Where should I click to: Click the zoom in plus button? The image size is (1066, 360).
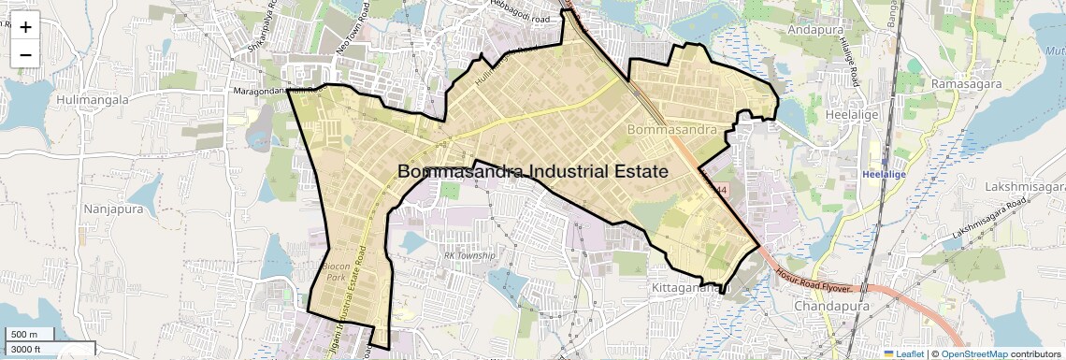(x=25, y=26)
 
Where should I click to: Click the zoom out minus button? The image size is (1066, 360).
(x=25, y=54)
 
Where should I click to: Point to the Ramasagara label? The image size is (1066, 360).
(x=966, y=84)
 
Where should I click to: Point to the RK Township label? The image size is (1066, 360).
(x=469, y=255)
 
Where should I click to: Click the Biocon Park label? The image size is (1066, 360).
(x=335, y=272)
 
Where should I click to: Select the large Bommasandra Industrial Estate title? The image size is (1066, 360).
(x=533, y=172)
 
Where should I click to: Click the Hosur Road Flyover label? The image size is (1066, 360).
(x=819, y=281)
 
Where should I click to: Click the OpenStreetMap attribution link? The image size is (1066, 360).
(x=973, y=353)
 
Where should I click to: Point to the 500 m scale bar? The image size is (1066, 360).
(x=29, y=335)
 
